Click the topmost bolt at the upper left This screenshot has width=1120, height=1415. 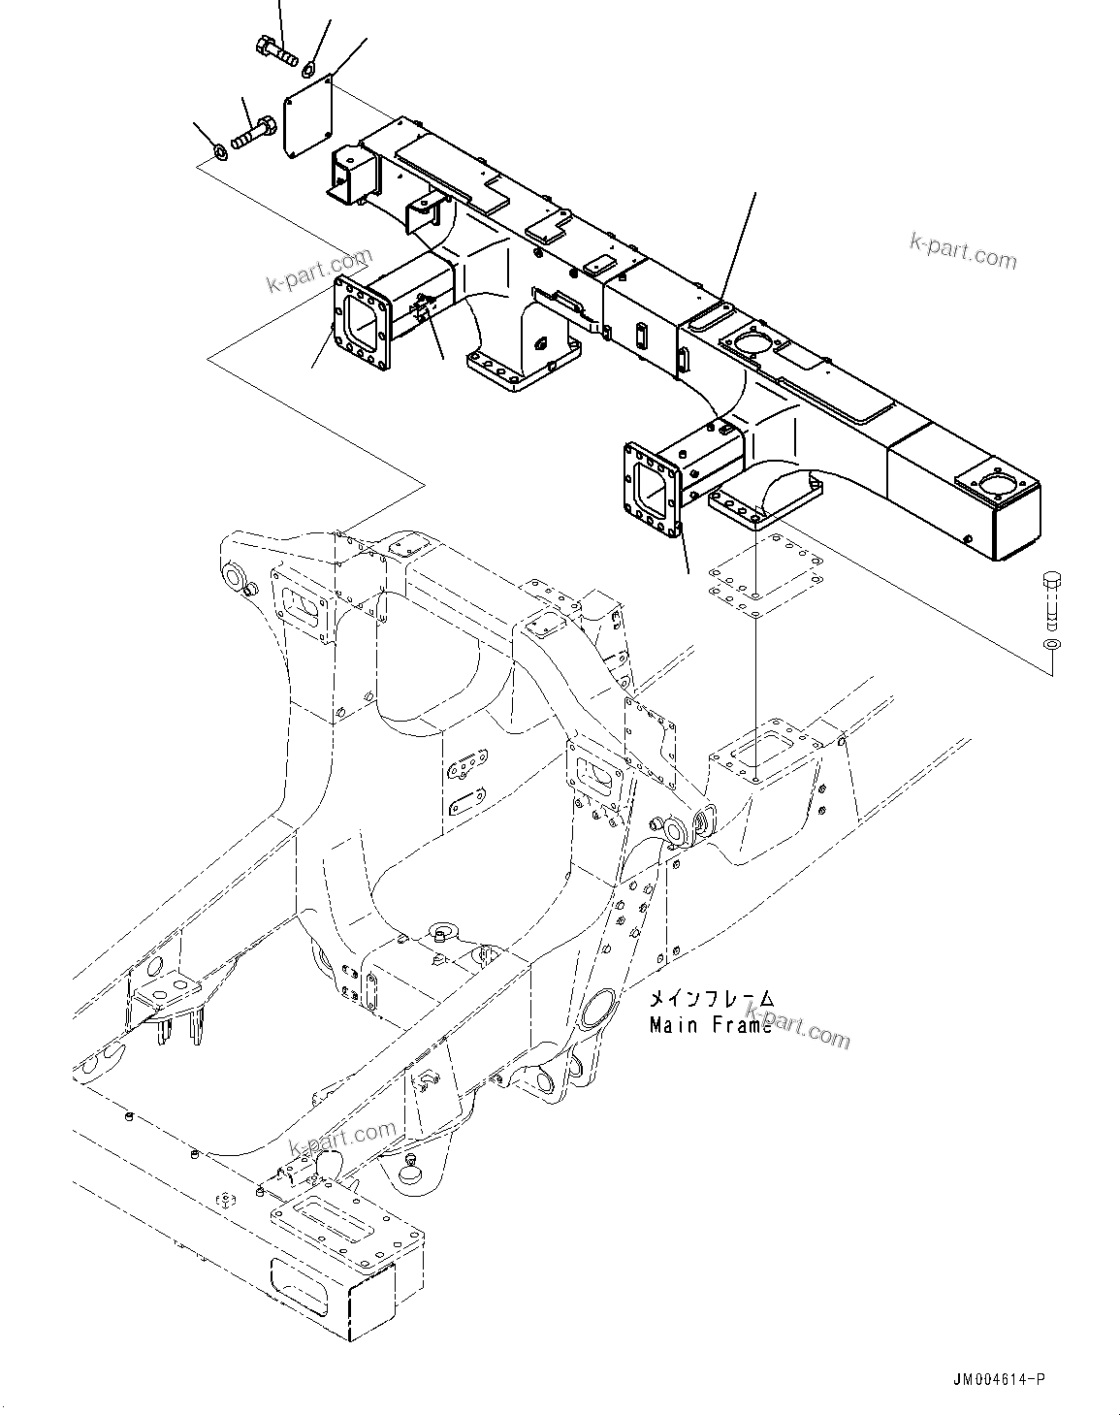[x=275, y=48]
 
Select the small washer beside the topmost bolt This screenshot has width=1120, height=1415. [x=309, y=67]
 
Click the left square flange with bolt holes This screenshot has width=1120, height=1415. [x=362, y=323]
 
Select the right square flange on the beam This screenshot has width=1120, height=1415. [x=653, y=490]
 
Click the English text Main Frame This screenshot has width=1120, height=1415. [x=711, y=1025]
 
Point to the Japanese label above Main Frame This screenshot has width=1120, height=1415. [x=711, y=999]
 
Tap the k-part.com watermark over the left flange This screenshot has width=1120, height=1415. [x=319, y=273]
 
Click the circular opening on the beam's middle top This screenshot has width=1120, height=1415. [x=752, y=343]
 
